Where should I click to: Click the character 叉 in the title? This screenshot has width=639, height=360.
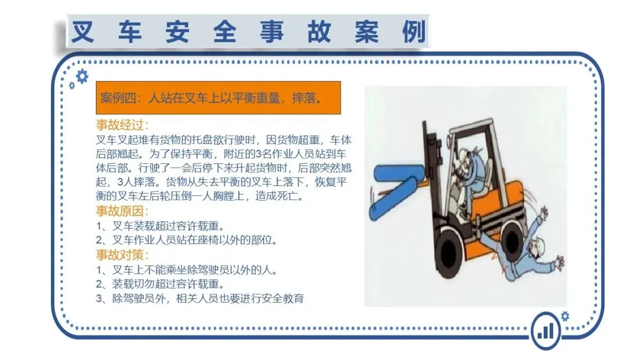(x=83, y=31)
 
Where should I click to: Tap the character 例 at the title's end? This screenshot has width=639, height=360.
(x=414, y=31)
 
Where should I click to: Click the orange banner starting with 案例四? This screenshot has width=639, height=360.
(x=218, y=98)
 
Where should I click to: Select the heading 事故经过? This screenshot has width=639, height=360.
(x=122, y=125)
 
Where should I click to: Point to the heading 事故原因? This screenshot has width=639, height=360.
(x=122, y=211)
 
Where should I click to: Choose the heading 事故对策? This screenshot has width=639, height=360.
(x=122, y=255)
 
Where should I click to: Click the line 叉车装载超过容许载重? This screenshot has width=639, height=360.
(x=160, y=226)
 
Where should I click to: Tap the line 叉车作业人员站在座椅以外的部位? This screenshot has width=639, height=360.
(x=186, y=240)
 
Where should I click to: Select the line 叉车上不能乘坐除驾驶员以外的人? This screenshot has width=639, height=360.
(x=186, y=270)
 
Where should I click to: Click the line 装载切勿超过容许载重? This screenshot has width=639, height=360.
(x=160, y=284)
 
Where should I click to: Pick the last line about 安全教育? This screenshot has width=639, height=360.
(x=200, y=298)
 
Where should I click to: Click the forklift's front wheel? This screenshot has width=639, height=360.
(x=448, y=247)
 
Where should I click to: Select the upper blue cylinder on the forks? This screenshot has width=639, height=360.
(x=398, y=173)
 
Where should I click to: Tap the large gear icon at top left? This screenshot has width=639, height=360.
(x=82, y=76)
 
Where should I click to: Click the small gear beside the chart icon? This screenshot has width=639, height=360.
(x=565, y=316)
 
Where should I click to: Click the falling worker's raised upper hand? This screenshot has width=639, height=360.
(x=543, y=213)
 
